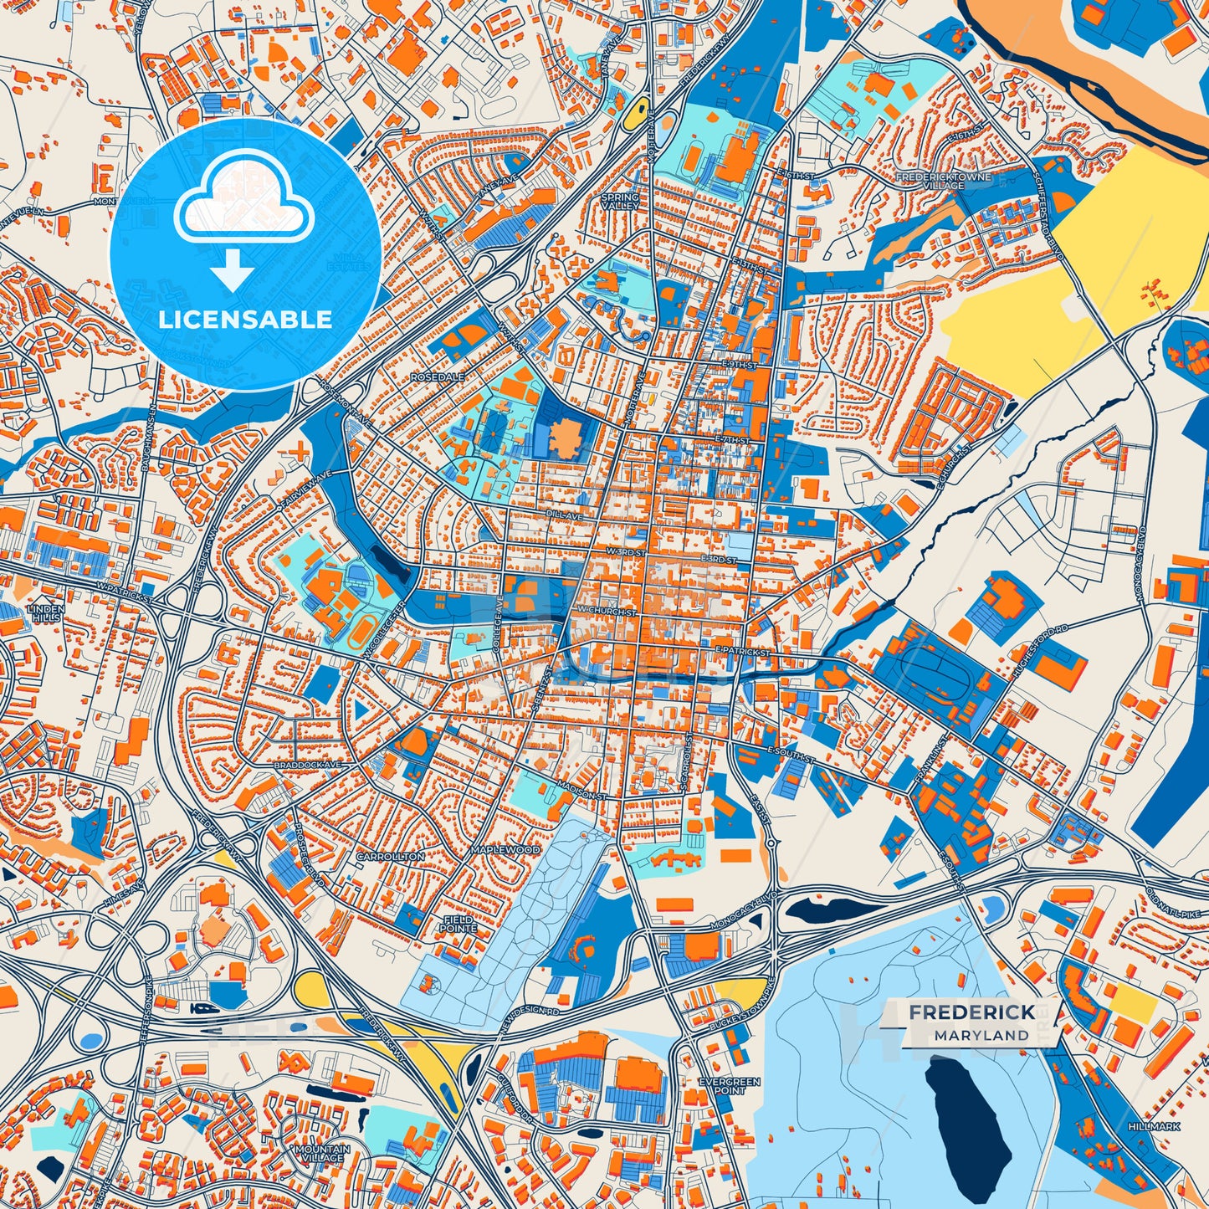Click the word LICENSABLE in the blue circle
245,320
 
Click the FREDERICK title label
971,1012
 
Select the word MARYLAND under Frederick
981,1036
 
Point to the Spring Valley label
619,202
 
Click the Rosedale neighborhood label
437,377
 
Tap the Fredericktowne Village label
943,182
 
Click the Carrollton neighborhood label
390,857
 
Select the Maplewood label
505,850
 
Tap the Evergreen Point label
730,1086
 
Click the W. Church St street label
607,612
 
